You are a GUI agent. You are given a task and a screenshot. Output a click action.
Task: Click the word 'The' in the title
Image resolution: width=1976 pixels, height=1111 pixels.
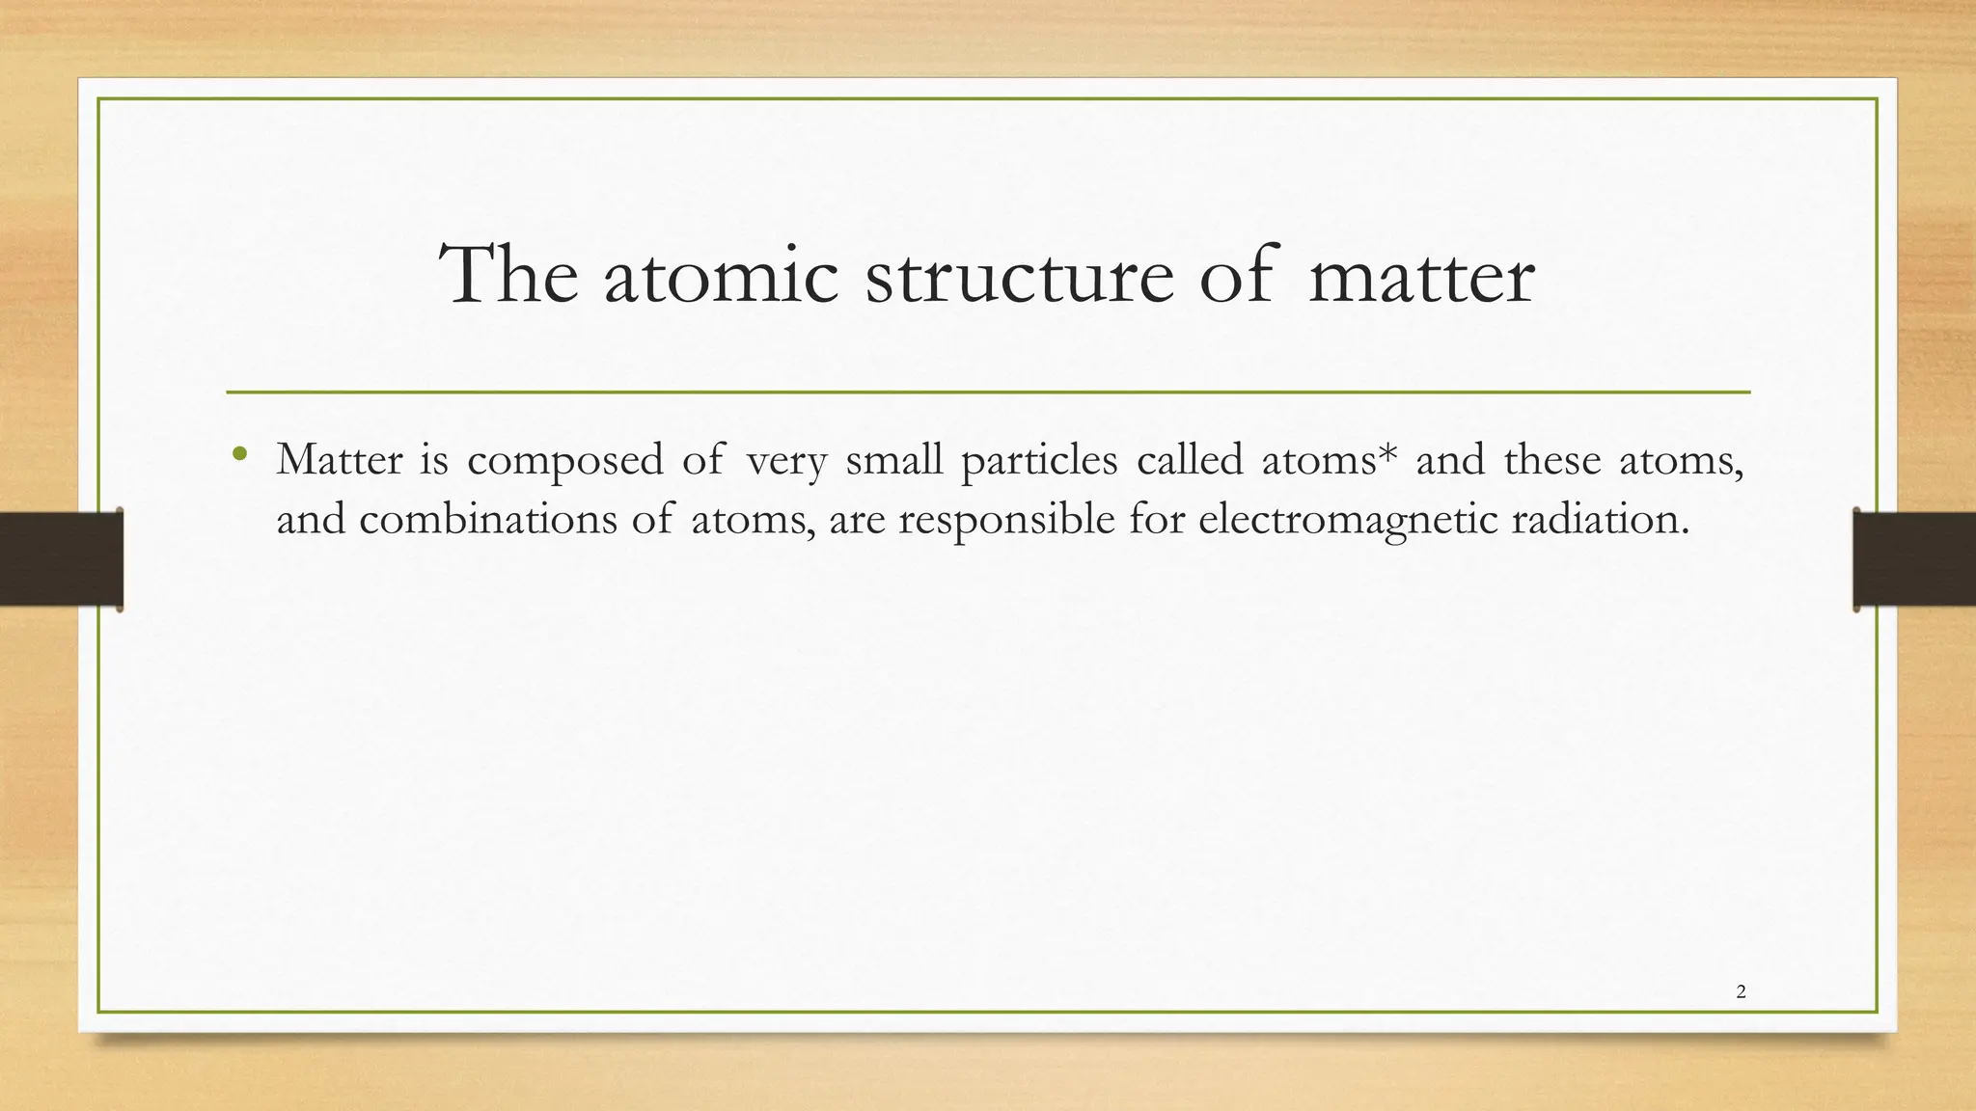(x=508, y=276)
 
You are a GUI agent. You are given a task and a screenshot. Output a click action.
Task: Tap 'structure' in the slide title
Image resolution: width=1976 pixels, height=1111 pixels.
(x=1020, y=278)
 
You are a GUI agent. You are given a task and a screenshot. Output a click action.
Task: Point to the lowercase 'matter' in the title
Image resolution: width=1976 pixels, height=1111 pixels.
(x=1421, y=278)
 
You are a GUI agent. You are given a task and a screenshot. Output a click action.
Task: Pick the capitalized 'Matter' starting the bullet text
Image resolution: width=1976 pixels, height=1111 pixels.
(x=339, y=459)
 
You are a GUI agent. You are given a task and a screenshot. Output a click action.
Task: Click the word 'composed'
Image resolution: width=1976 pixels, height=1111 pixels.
(x=565, y=461)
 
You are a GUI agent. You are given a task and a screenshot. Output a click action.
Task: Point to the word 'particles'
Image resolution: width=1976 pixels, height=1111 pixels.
(x=1039, y=461)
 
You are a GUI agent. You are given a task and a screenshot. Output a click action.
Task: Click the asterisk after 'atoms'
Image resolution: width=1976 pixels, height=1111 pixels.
(x=1387, y=451)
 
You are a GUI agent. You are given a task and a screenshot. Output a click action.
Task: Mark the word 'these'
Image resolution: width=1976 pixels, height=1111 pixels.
(x=1551, y=459)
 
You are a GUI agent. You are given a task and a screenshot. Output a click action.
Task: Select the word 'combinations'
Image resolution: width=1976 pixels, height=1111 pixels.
(x=488, y=520)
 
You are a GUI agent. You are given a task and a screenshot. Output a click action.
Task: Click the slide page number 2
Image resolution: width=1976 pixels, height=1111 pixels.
(x=1741, y=991)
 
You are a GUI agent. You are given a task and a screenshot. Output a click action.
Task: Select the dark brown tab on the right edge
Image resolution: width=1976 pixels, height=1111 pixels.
(x=1914, y=559)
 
